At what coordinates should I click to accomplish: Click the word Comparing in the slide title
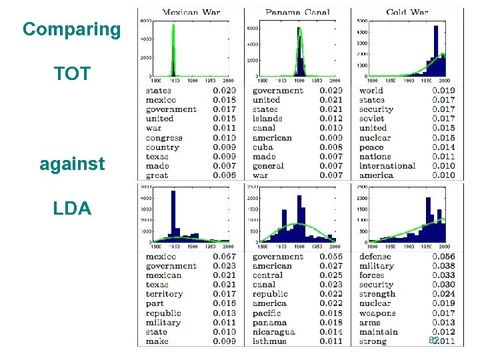[71, 29]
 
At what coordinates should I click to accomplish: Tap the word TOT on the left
[72, 74]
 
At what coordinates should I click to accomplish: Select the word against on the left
[72, 163]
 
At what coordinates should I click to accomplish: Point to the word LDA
[72, 208]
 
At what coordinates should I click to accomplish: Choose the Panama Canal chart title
[297, 12]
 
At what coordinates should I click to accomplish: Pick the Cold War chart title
[407, 12]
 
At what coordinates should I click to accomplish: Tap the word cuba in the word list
[263, 147]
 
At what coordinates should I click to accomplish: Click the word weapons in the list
[377, 313]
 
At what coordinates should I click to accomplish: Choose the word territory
[164, 294]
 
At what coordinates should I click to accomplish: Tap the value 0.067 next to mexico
[224, 257]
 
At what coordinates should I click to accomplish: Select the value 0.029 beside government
[331, 91]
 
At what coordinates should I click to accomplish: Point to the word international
[387, 166]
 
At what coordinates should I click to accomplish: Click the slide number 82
[433, 341]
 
